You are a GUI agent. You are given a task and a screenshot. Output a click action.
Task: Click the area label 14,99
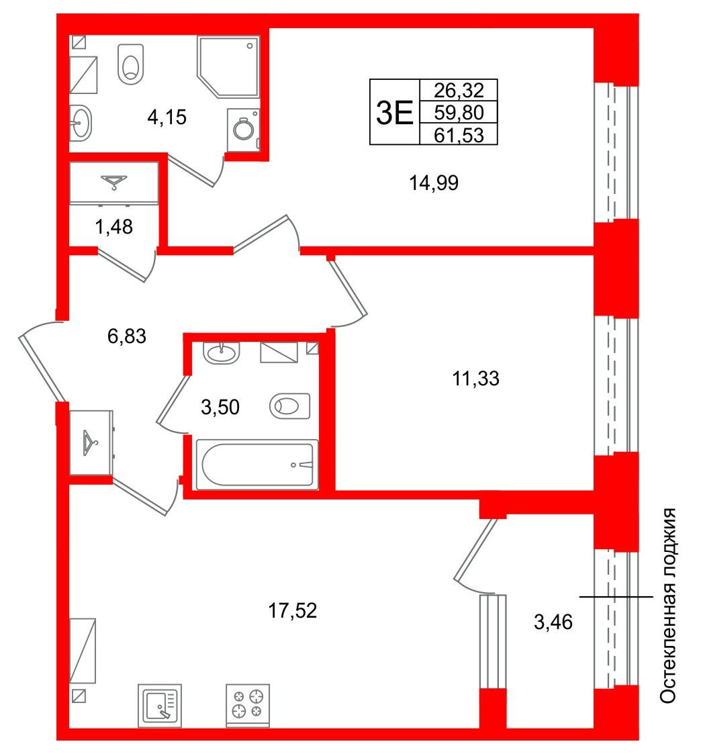[x=434, y=183]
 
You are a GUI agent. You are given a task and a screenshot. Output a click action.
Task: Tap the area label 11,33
[x=475, y=379]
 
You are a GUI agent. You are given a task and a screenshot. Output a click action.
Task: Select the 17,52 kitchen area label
[x=292, y=611]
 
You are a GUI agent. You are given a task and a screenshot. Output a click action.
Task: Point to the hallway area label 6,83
[x=126, y=336]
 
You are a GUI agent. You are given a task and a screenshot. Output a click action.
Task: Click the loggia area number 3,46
[x=553, y=622]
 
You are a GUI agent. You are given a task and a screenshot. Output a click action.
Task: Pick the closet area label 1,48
[x=114, y=226]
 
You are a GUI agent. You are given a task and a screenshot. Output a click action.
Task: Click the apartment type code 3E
[x=394, y=113]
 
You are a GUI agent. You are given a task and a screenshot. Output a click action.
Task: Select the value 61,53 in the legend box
[x=459, y=135]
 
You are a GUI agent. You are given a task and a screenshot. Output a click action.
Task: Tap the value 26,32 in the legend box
[x=459, y=90]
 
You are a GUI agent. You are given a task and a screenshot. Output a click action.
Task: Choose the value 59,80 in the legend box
[x=459, y=113]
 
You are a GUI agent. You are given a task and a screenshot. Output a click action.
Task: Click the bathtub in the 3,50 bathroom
[x=257, y=465]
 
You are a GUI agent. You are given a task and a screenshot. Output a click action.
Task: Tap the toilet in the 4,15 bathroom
[x=131, y=64]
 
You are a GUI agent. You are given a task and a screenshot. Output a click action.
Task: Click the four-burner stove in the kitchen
[x=248, y=705]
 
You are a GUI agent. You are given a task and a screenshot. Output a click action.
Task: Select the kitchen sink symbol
[x=160, y=706]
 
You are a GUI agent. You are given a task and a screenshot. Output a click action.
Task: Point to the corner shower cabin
[x=228, y=66]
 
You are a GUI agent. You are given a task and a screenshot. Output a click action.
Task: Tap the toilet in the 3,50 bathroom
[x=290, y=406]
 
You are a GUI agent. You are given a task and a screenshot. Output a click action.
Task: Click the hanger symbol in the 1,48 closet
[x=114, y=182]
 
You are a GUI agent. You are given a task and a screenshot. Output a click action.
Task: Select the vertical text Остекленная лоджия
[x=667, y=606]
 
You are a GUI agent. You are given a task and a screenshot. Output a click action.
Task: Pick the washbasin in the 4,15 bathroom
[x=81, y=123]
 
